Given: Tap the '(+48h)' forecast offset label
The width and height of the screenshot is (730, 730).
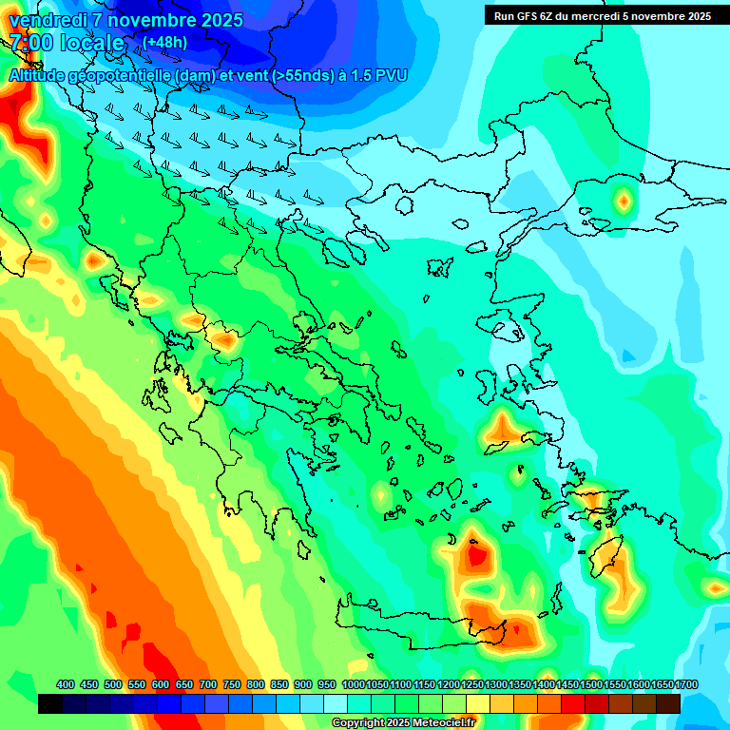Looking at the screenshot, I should pos(164,42).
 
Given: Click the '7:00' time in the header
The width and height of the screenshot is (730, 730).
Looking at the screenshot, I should pos(30,43).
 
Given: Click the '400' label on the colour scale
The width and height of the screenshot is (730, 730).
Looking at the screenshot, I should pos(66,684).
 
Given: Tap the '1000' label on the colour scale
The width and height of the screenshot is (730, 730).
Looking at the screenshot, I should pos(354,684).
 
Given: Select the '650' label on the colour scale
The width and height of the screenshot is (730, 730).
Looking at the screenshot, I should pos(183,684).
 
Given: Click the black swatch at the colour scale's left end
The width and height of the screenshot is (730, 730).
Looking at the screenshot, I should pos(50,703).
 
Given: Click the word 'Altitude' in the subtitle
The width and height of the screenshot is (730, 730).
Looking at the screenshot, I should pos(39,75).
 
